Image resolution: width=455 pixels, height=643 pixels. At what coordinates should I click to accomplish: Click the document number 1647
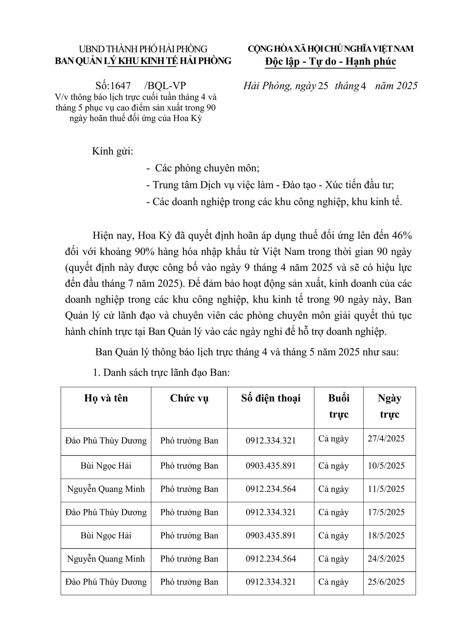(x=121, y=85)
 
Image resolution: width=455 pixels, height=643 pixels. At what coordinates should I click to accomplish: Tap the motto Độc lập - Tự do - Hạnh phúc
(x=330, y=61)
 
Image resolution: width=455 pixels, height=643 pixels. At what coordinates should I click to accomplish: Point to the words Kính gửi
(x=112, y=151)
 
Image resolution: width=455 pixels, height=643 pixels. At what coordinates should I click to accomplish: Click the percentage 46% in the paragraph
(x=402, y=236)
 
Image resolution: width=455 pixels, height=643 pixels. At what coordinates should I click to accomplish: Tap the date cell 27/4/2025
(x=386, y=438)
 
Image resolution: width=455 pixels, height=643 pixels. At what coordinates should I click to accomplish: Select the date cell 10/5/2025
(x=386, y=465)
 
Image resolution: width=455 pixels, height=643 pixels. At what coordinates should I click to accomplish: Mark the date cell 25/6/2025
(x=386, y=582)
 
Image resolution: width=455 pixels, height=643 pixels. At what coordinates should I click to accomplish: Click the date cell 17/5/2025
(x=386, y=512)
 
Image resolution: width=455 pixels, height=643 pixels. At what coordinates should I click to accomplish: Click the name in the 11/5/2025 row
(x=106, y=489)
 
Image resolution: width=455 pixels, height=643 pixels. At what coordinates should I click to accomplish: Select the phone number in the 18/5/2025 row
(x=270, y=535)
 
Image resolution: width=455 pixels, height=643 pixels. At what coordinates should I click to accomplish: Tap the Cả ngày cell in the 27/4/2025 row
(x=333, y=438)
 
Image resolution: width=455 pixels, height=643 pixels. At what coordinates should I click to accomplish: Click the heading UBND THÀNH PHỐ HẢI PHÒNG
(x=143, y=49)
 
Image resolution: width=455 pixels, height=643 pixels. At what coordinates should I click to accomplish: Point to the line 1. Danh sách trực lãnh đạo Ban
(x=161, y=372)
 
